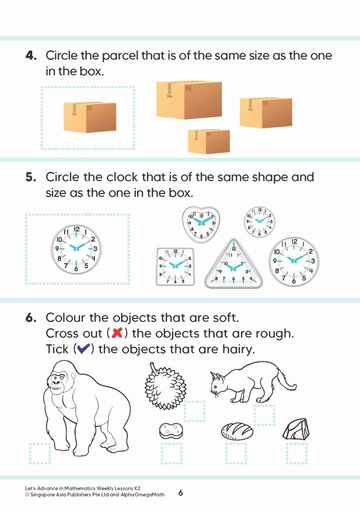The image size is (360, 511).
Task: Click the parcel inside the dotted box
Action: click(90, 117)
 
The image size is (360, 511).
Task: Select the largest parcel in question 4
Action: click(189, 99)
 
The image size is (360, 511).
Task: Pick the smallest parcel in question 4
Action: click(209, 141)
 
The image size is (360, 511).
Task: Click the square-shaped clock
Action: click(175, 267)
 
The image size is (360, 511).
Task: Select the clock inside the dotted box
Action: click(76, 249)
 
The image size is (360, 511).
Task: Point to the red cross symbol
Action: click(117, 333)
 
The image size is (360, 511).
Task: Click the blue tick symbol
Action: click(83, 349)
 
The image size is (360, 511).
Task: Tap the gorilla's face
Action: click(57, 383)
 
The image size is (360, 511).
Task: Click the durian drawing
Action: click(165, 386)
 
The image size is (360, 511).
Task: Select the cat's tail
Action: click(286, 379)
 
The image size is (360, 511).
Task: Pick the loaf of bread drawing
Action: click(237, 431)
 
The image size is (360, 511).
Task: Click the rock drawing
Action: click(296, 430)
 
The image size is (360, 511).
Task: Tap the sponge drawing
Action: click(171, 431)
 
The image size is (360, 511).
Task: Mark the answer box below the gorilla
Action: click(40, 453)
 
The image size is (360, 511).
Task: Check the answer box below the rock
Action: click(297, 453)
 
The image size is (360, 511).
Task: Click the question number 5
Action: click(31, 177)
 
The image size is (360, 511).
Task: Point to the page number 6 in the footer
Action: click(181, 492)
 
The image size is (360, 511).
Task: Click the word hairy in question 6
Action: click(238, 350)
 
